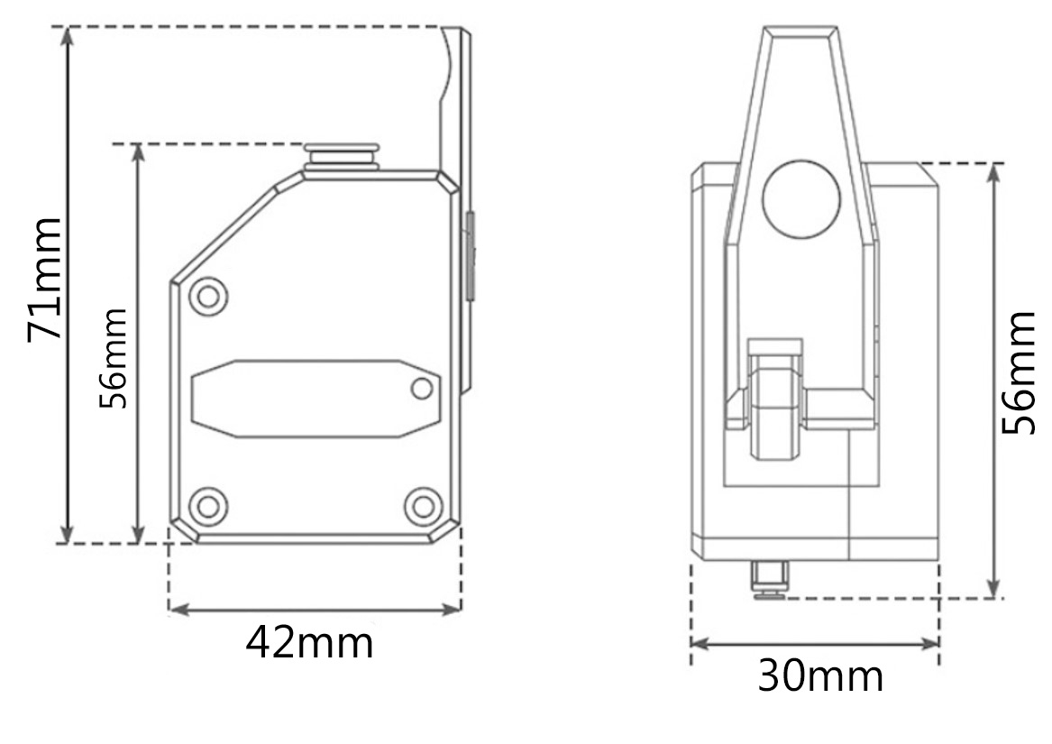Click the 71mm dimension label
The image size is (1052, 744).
tap(45, 280)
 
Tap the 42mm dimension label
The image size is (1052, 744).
tap(309, 643)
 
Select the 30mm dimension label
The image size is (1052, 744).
tap(819, 675)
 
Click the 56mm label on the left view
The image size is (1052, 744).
tap(113, 358)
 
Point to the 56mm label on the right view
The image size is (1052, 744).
tap(1019, 372)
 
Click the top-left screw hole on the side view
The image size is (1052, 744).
tap(208, 296)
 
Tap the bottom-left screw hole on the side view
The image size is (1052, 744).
tap(208, 506)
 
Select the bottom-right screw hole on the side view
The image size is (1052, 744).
tap(424, 506)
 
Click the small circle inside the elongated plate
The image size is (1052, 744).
tap(422, 388)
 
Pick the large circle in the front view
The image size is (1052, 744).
tap(801, 199)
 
